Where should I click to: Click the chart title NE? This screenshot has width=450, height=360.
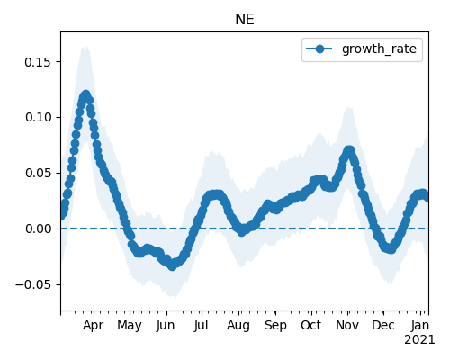[x=245, y=20]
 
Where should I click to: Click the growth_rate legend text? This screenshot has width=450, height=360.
[x=379, y=49]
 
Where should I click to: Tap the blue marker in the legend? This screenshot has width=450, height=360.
[x=319, y=49]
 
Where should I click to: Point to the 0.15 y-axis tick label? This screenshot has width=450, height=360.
[x=39, y=62]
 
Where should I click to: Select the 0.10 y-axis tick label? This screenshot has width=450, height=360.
[x=39, y=117]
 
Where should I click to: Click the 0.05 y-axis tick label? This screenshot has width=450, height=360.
[x=39, y=173]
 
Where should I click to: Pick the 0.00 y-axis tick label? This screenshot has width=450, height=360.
[x=39, y=229]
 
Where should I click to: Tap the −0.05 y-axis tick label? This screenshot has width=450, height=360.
[x=34, y=284]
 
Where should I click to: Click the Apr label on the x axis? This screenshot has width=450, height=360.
[x=94, y=325]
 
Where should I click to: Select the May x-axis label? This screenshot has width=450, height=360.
[x=130, y=325]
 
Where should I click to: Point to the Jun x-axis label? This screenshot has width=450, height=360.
[x=166, y=325]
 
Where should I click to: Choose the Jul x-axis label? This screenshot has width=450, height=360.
[x=201, y=325]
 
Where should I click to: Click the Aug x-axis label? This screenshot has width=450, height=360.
[x=238, y=325]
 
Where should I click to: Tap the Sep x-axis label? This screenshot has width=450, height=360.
[x=275, y=325]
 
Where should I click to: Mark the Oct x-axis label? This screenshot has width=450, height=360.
[x=311, y=325]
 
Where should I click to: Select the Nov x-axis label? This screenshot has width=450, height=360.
[x=347, y=325]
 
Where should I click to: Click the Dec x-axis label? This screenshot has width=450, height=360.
[x=383, y=325]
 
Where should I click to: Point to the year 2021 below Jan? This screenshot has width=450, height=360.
[x=419, y=340]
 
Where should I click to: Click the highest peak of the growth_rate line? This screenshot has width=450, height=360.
[x=86, y=95]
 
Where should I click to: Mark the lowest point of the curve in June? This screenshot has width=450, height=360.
[x=172, y=265]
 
